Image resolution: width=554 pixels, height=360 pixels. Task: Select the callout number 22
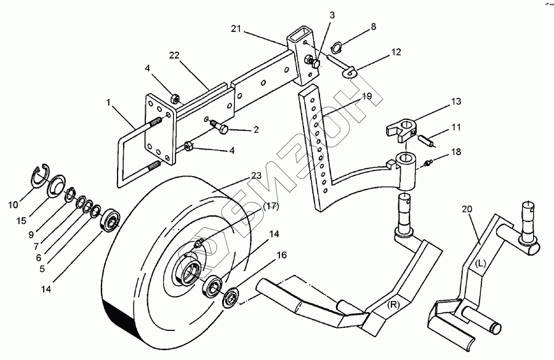coord(175,56)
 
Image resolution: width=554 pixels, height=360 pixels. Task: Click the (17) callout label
coord(271,207)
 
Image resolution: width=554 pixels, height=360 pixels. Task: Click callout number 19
coord(367,97)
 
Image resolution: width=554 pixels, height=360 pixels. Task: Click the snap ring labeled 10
coord(41,175)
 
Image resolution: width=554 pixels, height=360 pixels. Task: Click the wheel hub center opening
coord(190,272)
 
